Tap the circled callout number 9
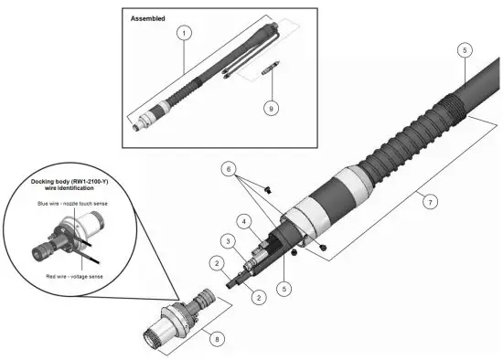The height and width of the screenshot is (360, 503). pos(268,107)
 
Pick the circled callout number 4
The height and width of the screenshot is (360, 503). pos(243,221)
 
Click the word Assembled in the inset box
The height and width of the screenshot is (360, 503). pos(148,17)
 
